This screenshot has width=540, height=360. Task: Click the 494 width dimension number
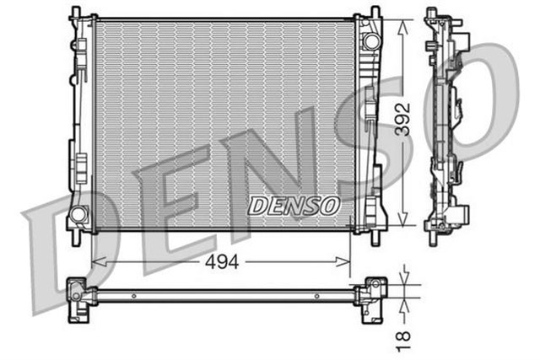220,262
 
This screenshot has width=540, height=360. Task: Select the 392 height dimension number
404,122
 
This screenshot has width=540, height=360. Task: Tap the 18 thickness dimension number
405,336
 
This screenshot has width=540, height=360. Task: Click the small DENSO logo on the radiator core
294,205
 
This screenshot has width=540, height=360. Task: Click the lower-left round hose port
78,214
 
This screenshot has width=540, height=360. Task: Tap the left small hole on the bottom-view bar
133,296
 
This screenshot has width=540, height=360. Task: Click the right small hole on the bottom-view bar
316,296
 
